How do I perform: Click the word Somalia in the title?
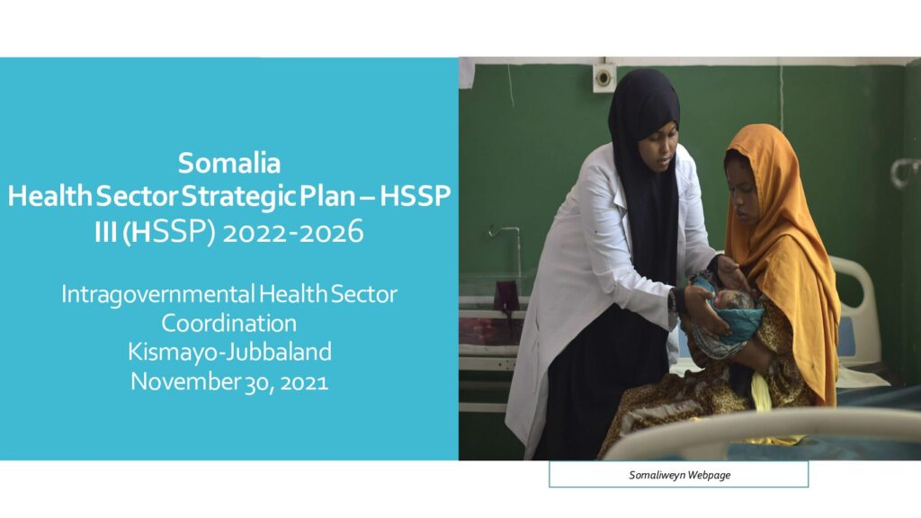(229, 163)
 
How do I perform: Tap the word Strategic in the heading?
(238, 196)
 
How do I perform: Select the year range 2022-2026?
(293, 232)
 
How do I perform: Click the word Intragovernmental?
(158, 295)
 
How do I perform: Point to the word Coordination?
(229, 323)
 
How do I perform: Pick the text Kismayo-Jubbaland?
(229, 352)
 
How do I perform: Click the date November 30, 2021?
(229, 381)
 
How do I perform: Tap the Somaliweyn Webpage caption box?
(678, 475)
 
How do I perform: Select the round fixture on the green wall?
(604, 76)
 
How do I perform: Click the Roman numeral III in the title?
(106, 233)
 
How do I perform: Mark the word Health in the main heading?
(50, 196)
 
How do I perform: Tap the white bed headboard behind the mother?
(856, 311)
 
